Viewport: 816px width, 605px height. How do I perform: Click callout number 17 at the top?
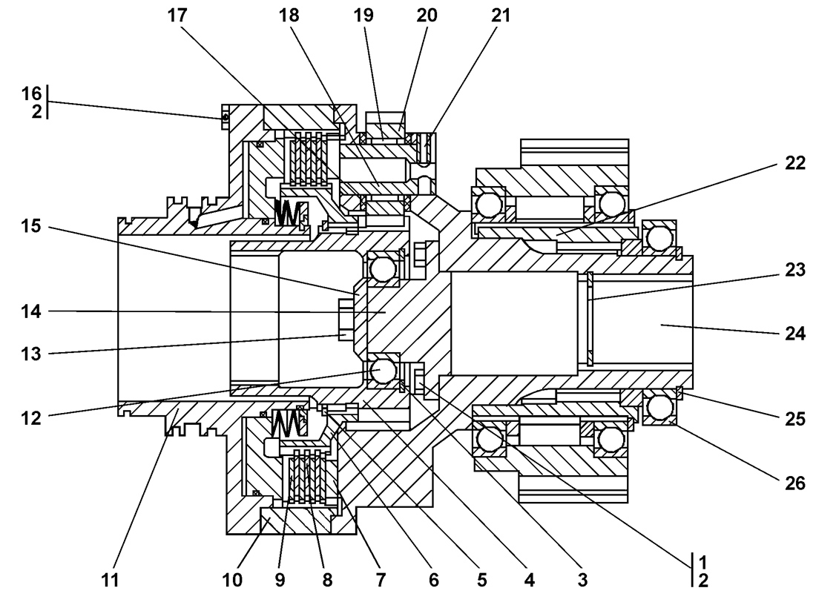tap(177, 15)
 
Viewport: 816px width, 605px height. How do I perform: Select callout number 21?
tap(501, 15)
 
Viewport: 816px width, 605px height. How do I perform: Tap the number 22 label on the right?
tap(794, 163)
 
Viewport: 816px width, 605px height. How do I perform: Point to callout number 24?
tap(794, 333)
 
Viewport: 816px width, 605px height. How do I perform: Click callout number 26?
tap(794, 483)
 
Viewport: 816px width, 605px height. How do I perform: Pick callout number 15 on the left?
tap(30, 226)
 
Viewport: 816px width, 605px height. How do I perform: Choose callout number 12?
tap(30, 417)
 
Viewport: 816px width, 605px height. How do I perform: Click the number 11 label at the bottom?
tap(110, 580)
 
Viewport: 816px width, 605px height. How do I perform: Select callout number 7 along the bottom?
tap(381, 580)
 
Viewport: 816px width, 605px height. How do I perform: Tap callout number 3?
tap(583, 580)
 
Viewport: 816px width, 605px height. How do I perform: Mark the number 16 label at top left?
tap(30, 93)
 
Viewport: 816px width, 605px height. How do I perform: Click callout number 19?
tap(363, 15)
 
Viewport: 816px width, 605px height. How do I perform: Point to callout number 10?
tap(232, 580)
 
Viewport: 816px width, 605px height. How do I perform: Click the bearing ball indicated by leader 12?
tap(383, 370)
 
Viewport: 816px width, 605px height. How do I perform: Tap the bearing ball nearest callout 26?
tap(659, 406)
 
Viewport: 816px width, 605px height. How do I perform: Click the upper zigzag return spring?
tap(287, 213)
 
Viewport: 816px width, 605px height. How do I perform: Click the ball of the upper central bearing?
tap(383, 268)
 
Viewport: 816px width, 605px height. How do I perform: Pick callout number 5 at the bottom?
tap(482, 580)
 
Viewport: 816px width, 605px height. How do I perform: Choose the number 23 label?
tap(794, 269)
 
